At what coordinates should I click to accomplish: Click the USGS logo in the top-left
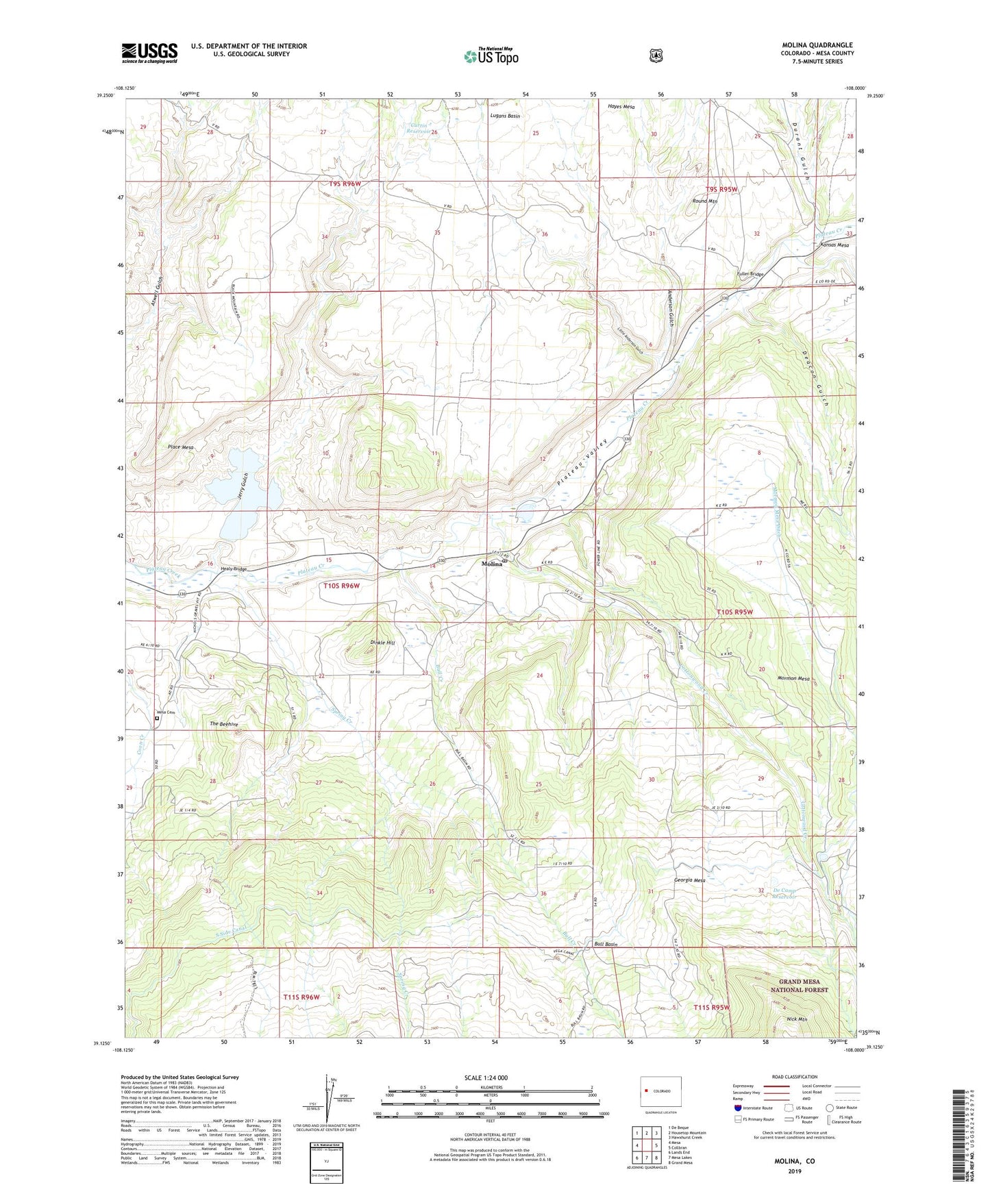coord(149,53)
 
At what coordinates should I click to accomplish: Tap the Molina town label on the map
coord(492,564)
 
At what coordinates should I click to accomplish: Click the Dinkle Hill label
coord(382,643)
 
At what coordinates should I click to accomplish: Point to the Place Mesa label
coord(181,447)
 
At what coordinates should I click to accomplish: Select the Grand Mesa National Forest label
coord(803,986)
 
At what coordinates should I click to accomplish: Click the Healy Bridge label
coord(233,569)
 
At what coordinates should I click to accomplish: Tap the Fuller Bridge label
coord(750,274)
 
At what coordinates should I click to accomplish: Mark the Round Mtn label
coord(704,201)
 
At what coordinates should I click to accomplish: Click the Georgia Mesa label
coord(689,880)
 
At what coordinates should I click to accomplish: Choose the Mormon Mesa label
coord(793,679)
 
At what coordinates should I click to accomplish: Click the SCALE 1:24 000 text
coord(486,1077)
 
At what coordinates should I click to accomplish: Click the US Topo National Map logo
coord(491,55)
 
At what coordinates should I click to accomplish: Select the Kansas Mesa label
coord(834,245)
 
